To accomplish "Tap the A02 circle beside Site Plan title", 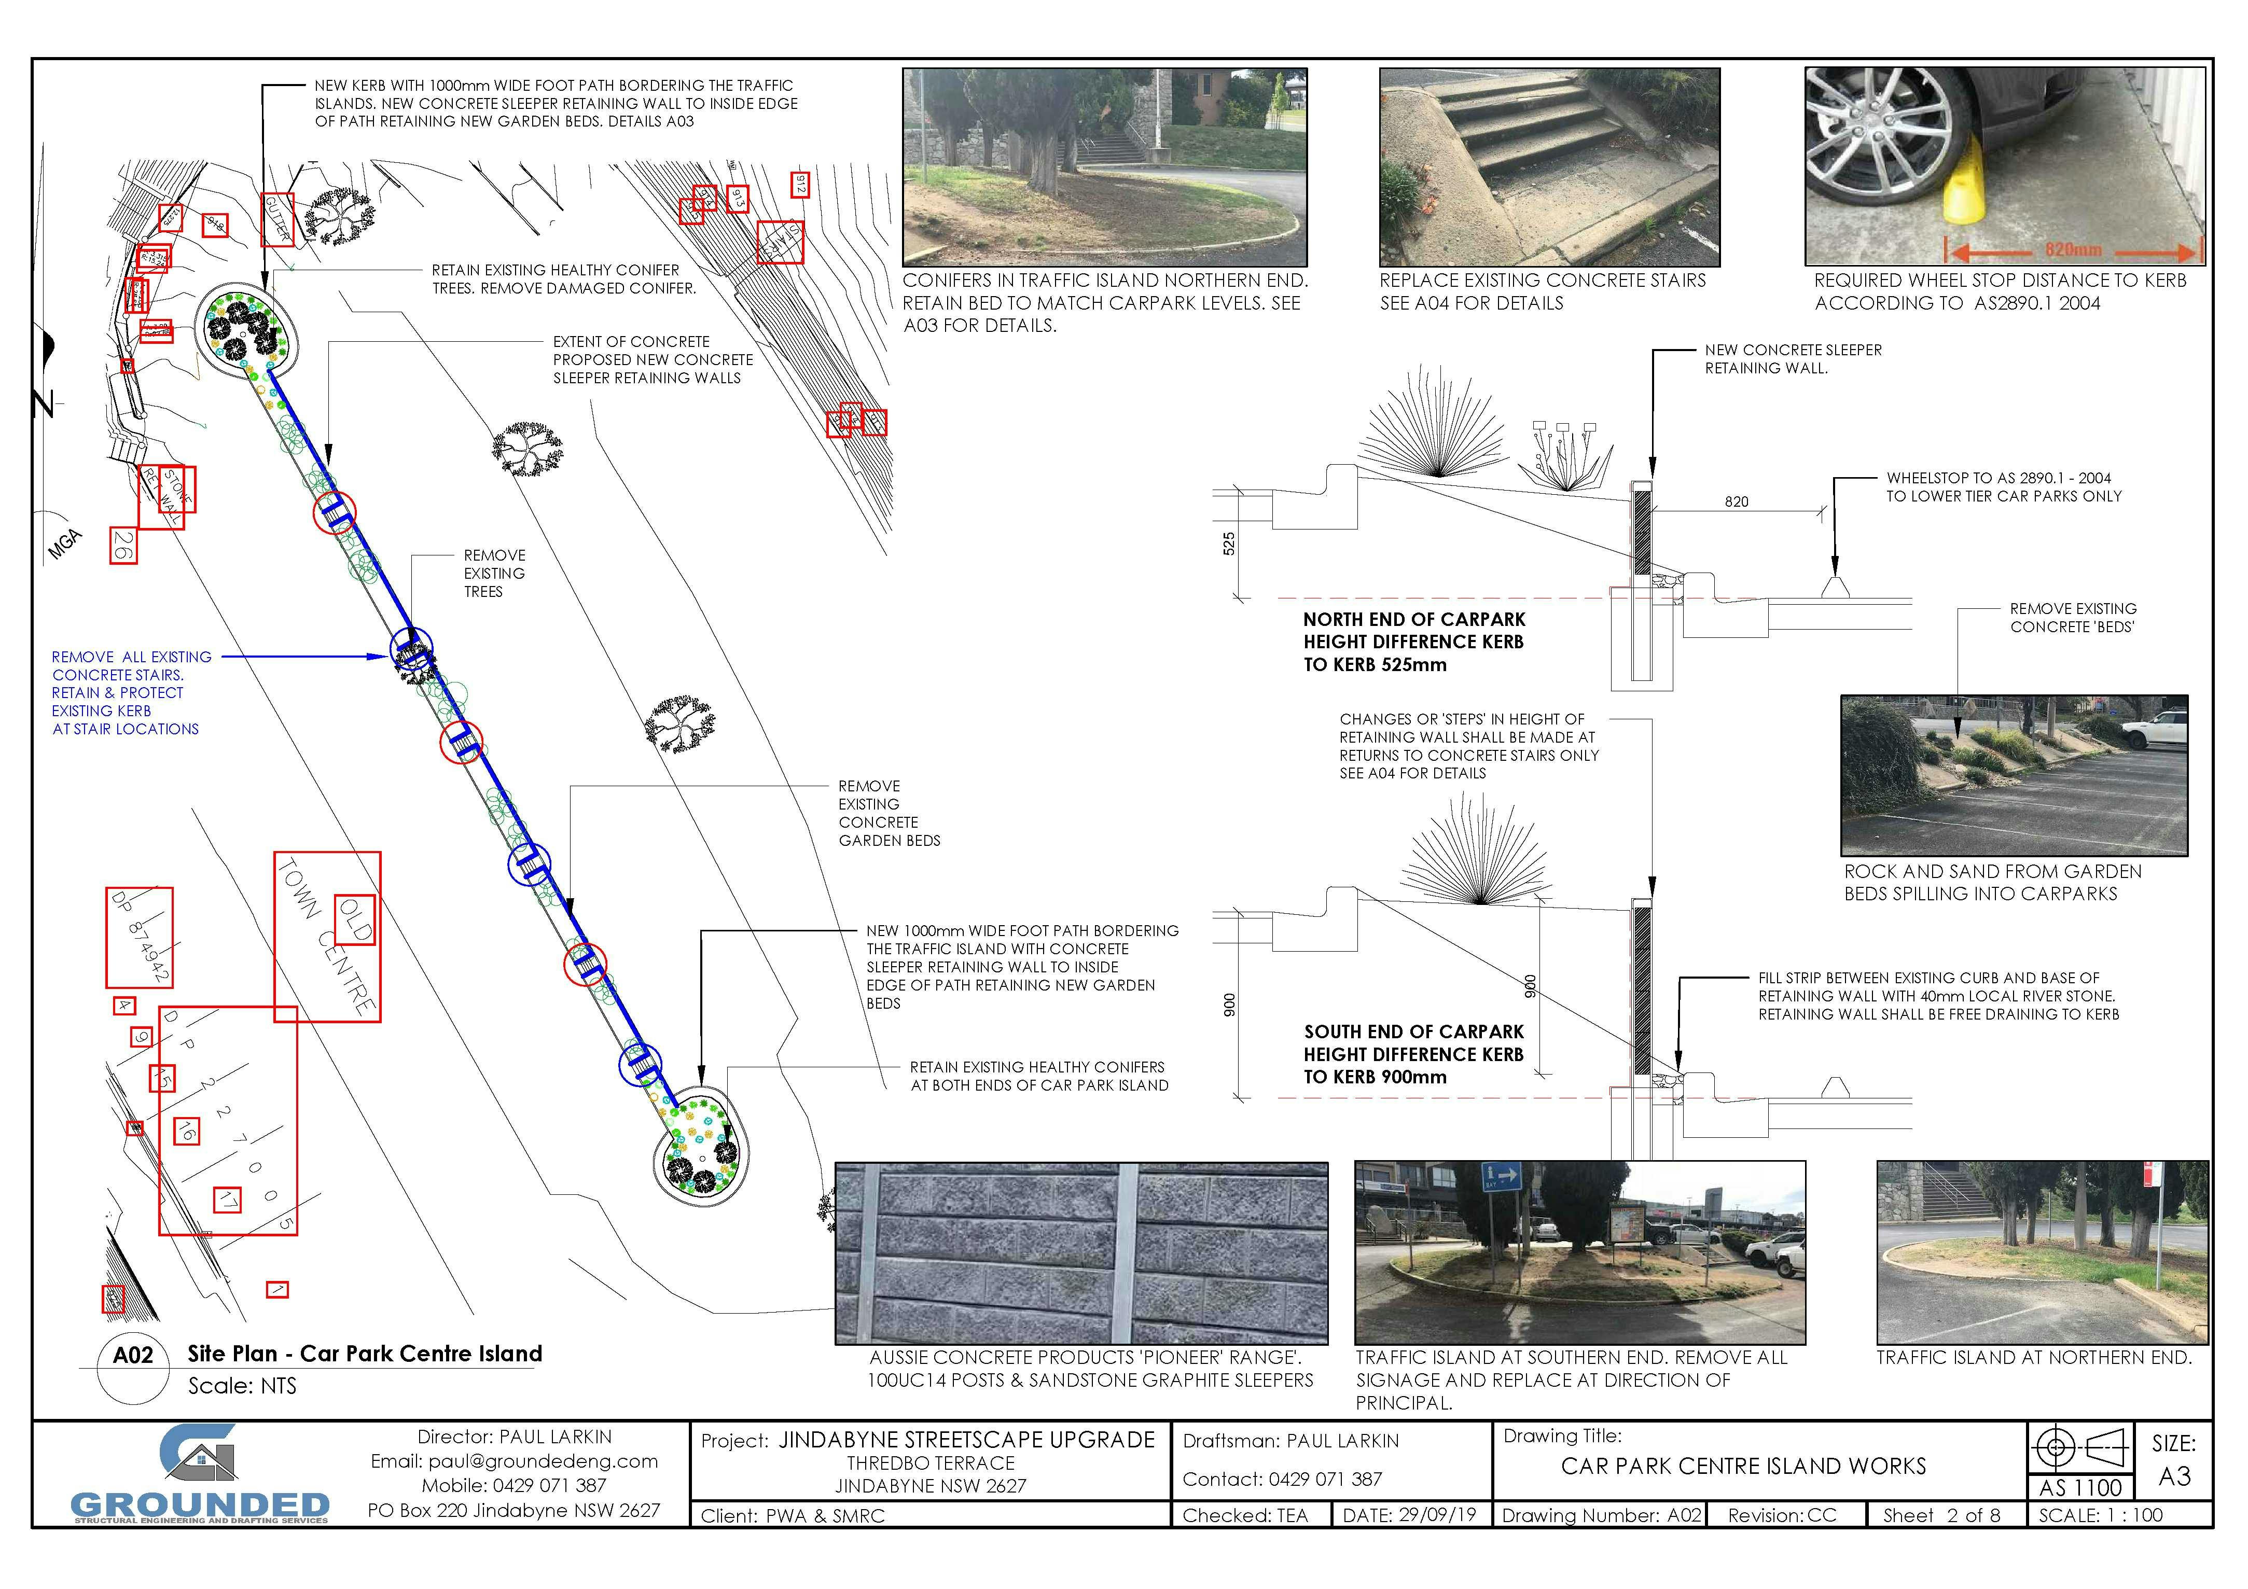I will coord(133,1355).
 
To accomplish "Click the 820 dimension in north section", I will coord(1736,502).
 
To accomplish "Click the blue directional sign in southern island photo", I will coord(1502,1175).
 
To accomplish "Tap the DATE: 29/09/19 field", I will coord(1409,1515).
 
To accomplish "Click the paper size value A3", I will coord(2174,1476).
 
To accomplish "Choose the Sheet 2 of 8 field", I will coord(1940,1515).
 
